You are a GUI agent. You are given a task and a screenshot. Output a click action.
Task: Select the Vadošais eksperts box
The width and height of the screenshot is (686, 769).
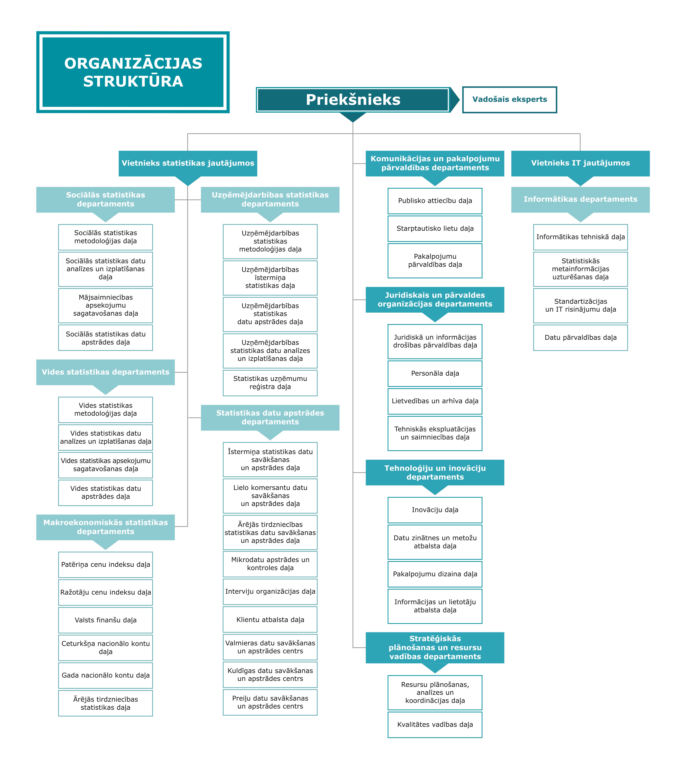[x=510, y=100]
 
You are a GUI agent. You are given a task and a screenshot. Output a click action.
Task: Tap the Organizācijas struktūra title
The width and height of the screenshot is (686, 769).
[x=133, y=72]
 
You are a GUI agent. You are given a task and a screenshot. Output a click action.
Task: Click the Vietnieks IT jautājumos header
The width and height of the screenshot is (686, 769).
[x=580, y=163]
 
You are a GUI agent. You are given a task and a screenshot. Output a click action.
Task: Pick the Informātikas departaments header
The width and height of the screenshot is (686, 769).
[x=580, y=199]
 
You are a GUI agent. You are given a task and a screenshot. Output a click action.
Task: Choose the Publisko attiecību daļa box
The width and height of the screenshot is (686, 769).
[x=435, y=201]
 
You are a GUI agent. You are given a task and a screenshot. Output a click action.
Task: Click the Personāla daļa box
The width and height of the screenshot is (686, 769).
[x=435, y=373]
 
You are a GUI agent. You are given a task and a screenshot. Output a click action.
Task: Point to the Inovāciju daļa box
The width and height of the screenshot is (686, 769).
[x=435, y=510]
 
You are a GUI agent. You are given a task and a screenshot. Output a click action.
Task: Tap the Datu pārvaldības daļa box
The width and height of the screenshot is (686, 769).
[x=580, y=338]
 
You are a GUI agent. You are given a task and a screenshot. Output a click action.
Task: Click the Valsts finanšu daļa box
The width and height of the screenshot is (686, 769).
[x=106, y=620]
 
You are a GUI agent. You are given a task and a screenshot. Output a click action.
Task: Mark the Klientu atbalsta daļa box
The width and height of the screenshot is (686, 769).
[x=270, y=619]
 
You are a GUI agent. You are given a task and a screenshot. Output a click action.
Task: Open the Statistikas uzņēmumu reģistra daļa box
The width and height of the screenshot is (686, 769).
[x=270, y=383]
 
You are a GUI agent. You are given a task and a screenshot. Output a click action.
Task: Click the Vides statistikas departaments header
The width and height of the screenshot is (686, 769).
[x=106, y=372]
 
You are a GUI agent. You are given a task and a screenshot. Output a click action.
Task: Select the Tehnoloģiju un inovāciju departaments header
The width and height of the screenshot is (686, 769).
[x=435, y=473]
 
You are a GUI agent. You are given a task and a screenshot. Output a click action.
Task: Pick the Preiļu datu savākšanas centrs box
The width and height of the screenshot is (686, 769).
[x=270, y=702]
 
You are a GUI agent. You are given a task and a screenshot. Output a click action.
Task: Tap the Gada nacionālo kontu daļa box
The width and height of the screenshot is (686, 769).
[x=106, y=675]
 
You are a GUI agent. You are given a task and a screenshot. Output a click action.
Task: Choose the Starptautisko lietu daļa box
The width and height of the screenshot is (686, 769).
[x=435, y=228]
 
